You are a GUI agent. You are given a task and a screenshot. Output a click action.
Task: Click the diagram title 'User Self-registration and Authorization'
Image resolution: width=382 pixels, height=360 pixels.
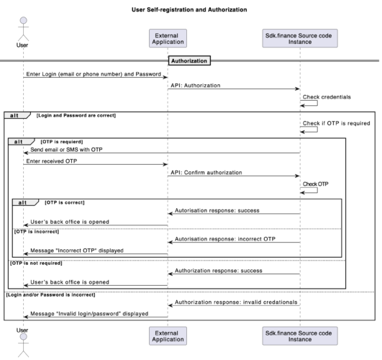[x=190, y=10]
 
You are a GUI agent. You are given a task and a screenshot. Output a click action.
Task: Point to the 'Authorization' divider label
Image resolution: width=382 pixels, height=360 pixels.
[x=189, y=60]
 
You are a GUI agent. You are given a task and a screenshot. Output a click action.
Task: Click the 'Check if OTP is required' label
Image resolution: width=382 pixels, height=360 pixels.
[x=336, y=123]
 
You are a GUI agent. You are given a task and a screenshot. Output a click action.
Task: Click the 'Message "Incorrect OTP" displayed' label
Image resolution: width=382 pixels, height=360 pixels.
[x=77, y=250]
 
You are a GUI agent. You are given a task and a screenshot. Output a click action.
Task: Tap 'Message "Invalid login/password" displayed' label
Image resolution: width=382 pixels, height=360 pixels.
[x=89, y=314]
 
